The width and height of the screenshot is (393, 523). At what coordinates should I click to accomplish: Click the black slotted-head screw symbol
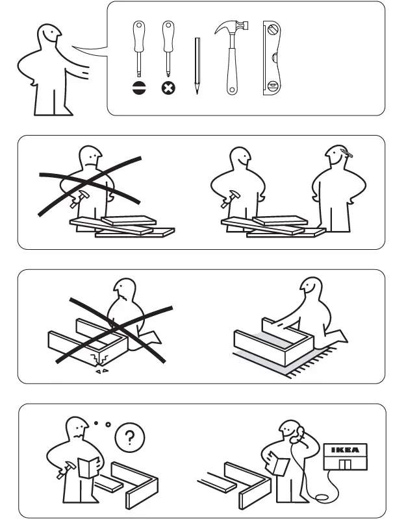click(x=138, y=88)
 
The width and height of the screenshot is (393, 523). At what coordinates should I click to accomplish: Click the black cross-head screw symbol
click(x=168, y=88)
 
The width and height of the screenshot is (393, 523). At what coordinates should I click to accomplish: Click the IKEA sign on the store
click(x=345, y=449)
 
